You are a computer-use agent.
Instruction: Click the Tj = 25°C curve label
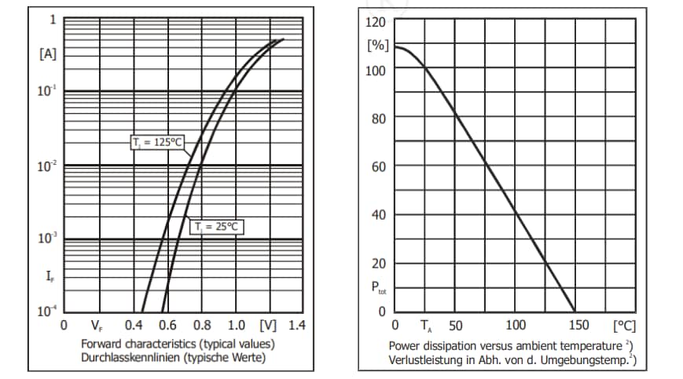[x=215, y=227]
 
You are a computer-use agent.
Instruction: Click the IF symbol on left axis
[x=49, y=275]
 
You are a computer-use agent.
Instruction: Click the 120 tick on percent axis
[x=377, y=21]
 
